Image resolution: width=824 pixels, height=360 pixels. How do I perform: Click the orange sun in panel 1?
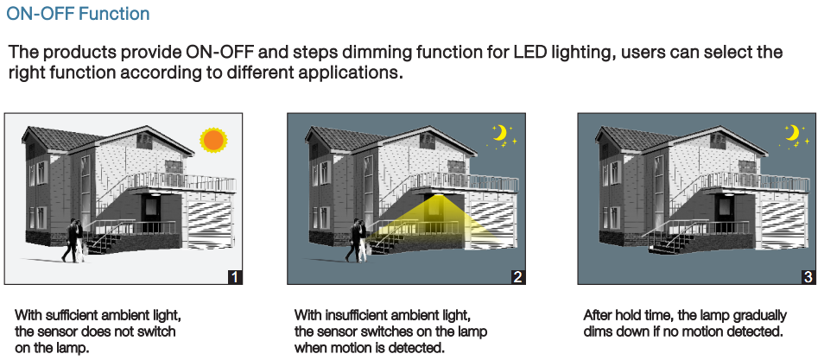point(213,140)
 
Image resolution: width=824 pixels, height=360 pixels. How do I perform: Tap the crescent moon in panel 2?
point(500,133)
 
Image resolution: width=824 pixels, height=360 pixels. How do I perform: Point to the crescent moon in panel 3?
point(791,133)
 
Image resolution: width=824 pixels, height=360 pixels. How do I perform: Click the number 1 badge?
point(236,277)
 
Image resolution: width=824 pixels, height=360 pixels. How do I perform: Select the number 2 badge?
point(517,277)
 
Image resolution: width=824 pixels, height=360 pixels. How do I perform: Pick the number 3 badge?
point(808,277)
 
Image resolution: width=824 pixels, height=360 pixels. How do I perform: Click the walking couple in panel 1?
point(73,241)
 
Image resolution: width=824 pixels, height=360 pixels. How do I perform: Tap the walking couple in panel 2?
point(357,241)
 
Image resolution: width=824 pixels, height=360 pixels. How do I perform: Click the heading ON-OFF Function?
point(78,14)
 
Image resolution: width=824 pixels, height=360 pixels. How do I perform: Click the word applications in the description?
point(351,73)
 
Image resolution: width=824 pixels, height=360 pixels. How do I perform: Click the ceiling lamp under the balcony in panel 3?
point(728,194)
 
